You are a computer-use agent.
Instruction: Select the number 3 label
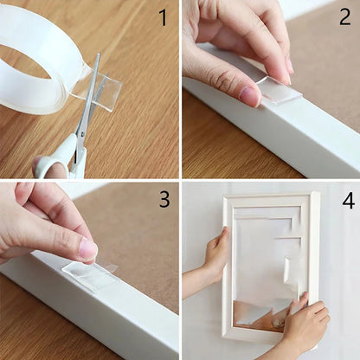[x=164, y=200]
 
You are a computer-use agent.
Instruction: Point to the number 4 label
[x=348, y=201]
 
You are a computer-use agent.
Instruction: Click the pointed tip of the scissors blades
[x=98, y=56]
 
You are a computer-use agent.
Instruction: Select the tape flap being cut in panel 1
[x=102, y=89]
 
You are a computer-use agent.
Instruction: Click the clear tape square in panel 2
[x=280, y=89]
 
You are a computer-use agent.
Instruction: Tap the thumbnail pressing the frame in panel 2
[x=250, y=95]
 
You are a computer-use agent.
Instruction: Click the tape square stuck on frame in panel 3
[x=90, y=275]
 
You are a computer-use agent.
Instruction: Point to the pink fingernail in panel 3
[x=87, y=251]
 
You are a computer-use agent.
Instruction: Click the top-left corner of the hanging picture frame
[x=226, y=198]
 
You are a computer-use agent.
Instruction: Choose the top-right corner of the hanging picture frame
[x=316, y=195]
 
